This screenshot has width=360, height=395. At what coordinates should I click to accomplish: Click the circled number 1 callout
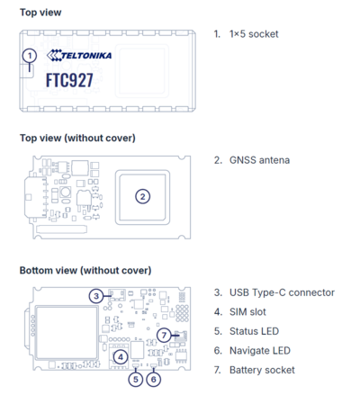[x=30, y=56]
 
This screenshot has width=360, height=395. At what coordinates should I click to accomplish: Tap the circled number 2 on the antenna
[x=142, y=197]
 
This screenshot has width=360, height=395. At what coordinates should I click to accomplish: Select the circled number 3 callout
[x=96, y=296]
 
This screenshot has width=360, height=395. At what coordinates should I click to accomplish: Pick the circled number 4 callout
[x=121, y=357]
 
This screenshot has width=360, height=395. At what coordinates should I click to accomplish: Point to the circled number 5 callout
[x=136, y=380]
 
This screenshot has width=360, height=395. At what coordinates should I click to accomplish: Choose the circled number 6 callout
[x=153, y=380]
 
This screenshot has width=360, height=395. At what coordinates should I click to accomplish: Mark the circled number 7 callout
[x=164, y=335]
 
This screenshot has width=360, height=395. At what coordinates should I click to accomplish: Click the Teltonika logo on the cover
[x=79, y=55]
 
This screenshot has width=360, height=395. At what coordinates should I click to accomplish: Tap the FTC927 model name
[x=69, y=80]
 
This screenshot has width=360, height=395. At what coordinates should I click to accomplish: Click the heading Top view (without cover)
[x=77, y=138]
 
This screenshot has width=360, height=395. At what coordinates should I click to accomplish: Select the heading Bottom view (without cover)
[x=85, y=270]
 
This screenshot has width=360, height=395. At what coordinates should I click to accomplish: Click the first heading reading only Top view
[x=40, y=13]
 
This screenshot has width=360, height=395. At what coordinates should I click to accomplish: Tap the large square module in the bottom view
[x=67, y=333]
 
